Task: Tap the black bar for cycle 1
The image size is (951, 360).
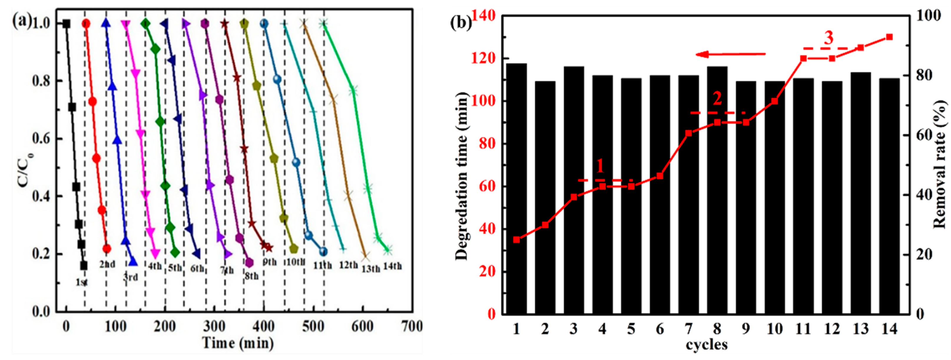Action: coord(516,188)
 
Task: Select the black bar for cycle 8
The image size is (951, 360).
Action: coord(717,190)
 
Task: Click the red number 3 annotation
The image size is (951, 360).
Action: coord(829,38)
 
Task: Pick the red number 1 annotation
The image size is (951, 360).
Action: coord(600,166)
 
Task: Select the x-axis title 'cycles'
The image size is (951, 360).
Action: coord(707,344)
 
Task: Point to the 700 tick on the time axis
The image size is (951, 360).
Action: coord(411,327)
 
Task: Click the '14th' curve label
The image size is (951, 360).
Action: coord(392,266)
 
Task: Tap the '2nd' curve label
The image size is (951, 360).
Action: coord(107,264)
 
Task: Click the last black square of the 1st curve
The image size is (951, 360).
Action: coord(84,265)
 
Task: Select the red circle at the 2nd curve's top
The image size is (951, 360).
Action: coord(86,24)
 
